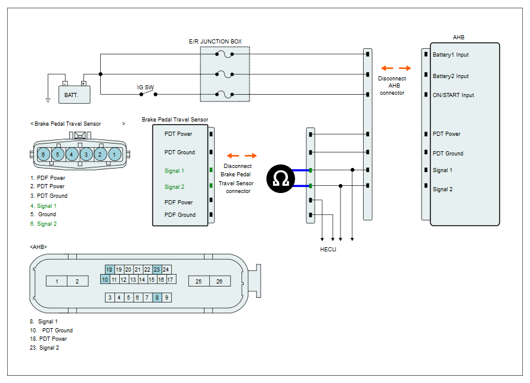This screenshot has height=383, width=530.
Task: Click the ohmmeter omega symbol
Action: (x=281, y=179)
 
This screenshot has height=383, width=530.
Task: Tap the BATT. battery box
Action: (x=75, y=94)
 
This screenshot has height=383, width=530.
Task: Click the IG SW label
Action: (x=145, y=88)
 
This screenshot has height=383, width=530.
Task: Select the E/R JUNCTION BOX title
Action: (x=215, y=42)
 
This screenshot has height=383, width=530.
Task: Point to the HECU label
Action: (x=328, y=249)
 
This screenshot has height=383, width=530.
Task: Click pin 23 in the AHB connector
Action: (x=157, y=269)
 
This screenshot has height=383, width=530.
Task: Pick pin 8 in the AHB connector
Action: (x=157, y=298)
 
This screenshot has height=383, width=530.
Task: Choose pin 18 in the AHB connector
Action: (x=109, y=269)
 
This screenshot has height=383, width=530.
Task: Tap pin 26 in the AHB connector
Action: (x=220, y=281)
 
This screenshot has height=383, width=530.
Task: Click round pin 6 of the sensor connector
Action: (x=44, y=154)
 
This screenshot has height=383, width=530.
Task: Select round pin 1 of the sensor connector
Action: (x=114, y=154)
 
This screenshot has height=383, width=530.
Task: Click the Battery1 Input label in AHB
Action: (x=451, y=55)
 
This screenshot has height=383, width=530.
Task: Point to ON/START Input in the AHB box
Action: (x=453, y=95)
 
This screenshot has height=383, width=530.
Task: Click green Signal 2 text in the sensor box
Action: (x=175, y=187)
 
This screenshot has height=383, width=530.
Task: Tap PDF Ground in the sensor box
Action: (x=180, y=215)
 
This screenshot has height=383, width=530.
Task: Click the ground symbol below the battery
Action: (x=48, y=100)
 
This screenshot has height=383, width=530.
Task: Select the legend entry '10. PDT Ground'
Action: (x=51, y=331)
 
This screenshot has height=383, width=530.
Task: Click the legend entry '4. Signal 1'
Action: (x=44, y=206)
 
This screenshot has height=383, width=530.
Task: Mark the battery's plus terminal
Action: (x=83, y=83)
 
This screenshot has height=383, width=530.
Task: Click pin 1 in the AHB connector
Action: (x=57, y=281)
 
